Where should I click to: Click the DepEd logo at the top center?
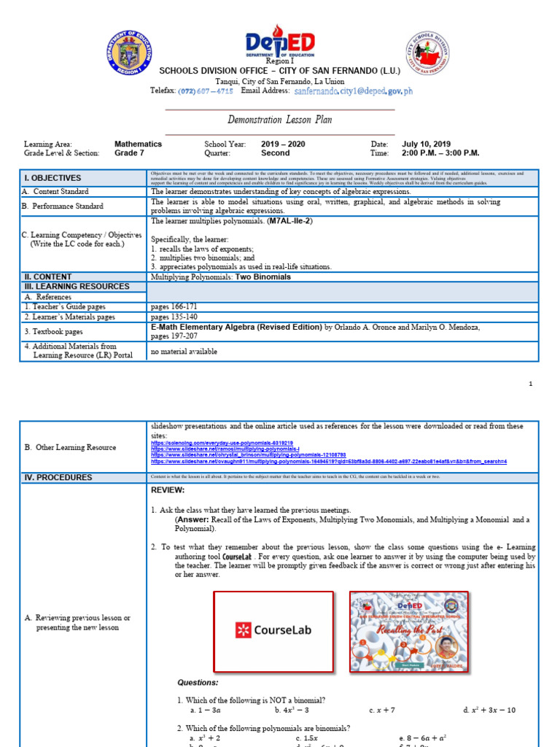280,44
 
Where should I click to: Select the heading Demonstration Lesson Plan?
280,120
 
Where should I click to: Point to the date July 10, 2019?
426,144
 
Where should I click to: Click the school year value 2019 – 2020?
283,144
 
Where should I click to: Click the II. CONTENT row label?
49,276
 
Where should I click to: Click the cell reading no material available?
184,351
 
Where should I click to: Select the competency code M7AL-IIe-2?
290,220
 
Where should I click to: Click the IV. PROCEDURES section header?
58,477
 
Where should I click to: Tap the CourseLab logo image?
273,630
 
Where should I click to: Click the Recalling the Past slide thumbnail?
409,630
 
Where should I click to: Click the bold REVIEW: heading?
168,490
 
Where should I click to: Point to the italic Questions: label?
198,682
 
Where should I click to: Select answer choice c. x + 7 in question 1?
382,710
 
